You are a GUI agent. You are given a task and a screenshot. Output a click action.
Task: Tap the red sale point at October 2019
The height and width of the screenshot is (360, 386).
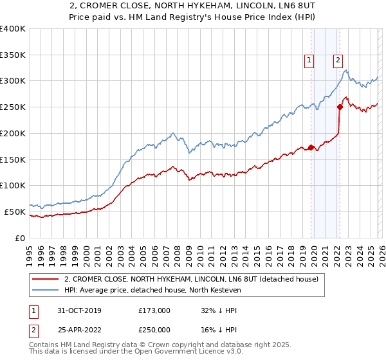click(x=311, y=147)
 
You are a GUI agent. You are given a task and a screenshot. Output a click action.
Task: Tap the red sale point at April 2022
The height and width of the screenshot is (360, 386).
click(x=339, y=107)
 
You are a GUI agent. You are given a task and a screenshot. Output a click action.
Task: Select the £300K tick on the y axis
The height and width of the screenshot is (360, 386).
click(x=13, y=81)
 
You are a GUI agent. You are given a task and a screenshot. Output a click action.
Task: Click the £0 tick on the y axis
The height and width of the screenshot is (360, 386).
click(x=21, y=238)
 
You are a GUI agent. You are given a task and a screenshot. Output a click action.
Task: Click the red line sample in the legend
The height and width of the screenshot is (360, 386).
click(x=45, y=279)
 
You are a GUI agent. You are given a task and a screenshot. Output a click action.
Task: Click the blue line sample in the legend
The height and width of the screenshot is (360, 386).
click(x=45, y=290)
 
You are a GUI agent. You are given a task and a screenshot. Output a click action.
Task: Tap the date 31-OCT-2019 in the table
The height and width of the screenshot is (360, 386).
click(x=78, y=310)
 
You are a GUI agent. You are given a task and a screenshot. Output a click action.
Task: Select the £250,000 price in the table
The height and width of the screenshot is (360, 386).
click(x=154, y=329)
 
